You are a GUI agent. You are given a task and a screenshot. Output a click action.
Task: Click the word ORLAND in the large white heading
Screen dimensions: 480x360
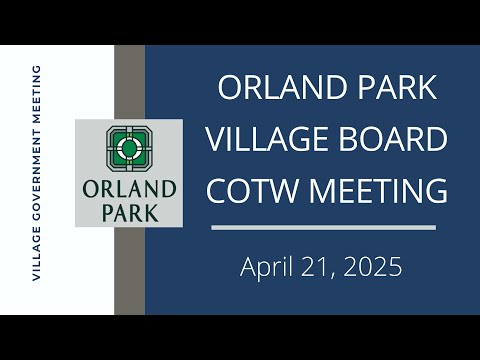tap(281, 87)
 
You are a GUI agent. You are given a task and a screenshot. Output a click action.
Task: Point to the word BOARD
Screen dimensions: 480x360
tap(393, 139)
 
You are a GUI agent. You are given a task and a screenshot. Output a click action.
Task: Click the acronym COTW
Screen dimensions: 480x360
tap(252, 190)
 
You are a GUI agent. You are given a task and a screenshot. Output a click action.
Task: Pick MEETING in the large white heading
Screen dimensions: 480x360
tap(378, 190)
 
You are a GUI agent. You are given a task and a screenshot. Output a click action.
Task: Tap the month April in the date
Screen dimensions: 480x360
tap(266, 267)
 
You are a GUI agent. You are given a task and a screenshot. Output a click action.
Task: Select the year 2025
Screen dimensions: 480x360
tap(373, 267)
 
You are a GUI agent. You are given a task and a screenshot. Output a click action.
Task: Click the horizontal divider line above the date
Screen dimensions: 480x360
tap(323, 228)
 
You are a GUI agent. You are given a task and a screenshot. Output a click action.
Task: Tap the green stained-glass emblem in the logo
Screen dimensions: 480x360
tap(129, 148)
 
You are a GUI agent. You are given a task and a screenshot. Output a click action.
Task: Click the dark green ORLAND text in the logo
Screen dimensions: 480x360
tap(129, 189)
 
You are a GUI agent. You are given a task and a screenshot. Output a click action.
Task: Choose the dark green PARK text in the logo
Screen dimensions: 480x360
tap(130, 213)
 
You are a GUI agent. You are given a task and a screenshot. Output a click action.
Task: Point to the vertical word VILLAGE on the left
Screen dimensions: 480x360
tap(36, 253)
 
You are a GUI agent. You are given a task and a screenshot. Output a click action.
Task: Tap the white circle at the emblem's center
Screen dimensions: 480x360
tap(129, 148)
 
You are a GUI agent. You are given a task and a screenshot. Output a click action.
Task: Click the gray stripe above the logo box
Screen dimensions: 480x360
tap(129, 82)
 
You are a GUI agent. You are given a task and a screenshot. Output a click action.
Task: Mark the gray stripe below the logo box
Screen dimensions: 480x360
tap(129, 271)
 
